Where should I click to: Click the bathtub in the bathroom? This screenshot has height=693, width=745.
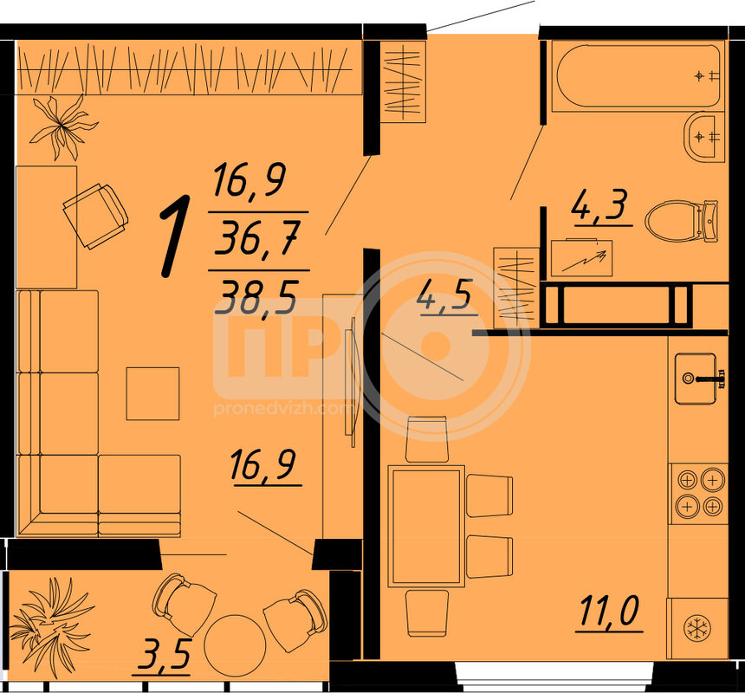(638, 76)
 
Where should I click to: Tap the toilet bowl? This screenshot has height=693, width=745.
(682, 221)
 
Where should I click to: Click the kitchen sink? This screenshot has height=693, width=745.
(696, 379)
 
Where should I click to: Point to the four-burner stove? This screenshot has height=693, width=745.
(699, 494)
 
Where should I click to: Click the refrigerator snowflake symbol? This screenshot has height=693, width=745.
(697, 628)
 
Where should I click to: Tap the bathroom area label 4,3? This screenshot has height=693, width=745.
(600, 205)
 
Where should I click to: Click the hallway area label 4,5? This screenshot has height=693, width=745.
(445, 296)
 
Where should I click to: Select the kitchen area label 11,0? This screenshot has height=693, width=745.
(609, 612)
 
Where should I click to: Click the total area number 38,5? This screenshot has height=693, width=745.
(256, 296)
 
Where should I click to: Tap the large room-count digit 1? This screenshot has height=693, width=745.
(174, 236)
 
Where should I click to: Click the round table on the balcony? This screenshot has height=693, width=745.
(235, 645)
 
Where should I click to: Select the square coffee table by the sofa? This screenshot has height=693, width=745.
(152, 394)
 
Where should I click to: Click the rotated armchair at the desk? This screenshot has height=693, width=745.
(95, 216)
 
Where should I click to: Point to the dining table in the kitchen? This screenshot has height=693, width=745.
(426, 527)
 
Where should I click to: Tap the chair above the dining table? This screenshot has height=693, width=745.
(427, 440)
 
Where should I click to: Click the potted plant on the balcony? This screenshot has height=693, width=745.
(51, 625)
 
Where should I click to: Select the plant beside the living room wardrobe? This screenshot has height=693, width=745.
(62, 126)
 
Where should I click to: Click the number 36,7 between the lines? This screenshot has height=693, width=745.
(256, 240)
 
